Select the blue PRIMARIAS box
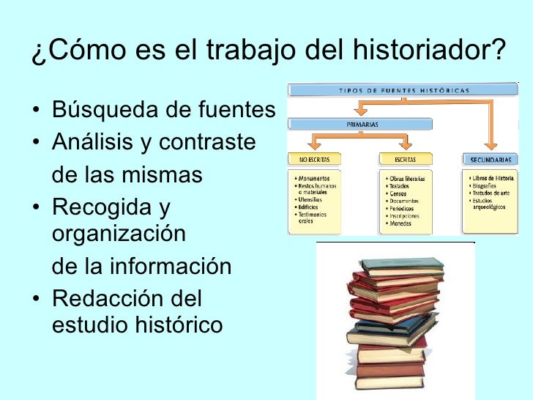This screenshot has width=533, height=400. (362, 125)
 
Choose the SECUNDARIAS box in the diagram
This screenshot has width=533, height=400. (491, 158)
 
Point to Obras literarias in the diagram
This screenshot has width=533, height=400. (408, 178)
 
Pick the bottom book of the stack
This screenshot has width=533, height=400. (390, 383)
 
